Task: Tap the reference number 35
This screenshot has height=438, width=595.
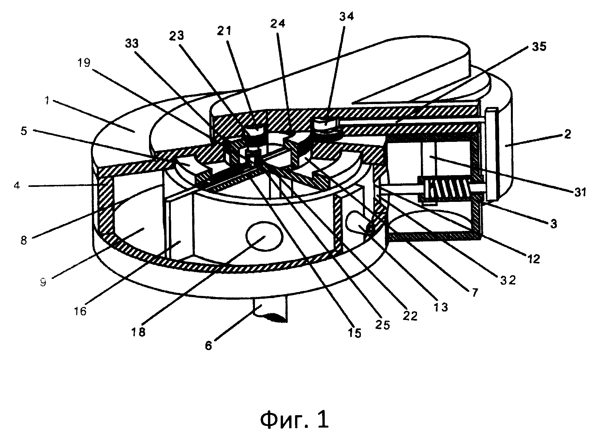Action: (538, 47)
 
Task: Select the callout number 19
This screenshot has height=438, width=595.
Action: (84, 63)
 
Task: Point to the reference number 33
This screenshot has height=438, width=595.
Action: (132, 43)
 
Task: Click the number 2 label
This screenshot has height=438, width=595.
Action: (568, 134)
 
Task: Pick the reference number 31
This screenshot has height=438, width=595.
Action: (580, 192)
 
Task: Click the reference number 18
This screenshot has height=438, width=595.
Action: (139, 332)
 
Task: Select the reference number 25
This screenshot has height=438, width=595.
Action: (382, 325)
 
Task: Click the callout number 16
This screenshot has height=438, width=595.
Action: (81, 311)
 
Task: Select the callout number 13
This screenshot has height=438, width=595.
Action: (440, 307)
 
